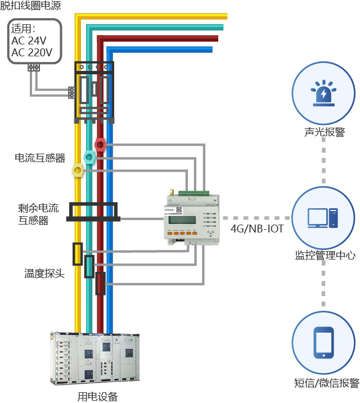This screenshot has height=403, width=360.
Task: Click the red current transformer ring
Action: coord(100,145)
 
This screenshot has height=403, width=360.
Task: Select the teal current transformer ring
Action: coord(89,156)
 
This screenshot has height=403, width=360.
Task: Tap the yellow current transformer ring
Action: coord(78,168)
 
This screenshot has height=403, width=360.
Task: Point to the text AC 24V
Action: coord(28,41)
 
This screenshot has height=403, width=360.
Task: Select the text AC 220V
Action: coord(31,53)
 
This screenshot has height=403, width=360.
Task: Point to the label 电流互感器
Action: coord(40,158)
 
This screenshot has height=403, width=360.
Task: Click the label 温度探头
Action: coord(44,274)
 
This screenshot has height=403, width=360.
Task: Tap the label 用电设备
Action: coord(97,396)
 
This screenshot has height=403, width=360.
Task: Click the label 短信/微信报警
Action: coord(326,383)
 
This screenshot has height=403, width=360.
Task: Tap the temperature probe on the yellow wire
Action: coord(78,254)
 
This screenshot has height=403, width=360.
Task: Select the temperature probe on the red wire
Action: coord(101,283)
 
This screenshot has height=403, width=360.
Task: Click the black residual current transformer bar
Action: coord(92,211)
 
